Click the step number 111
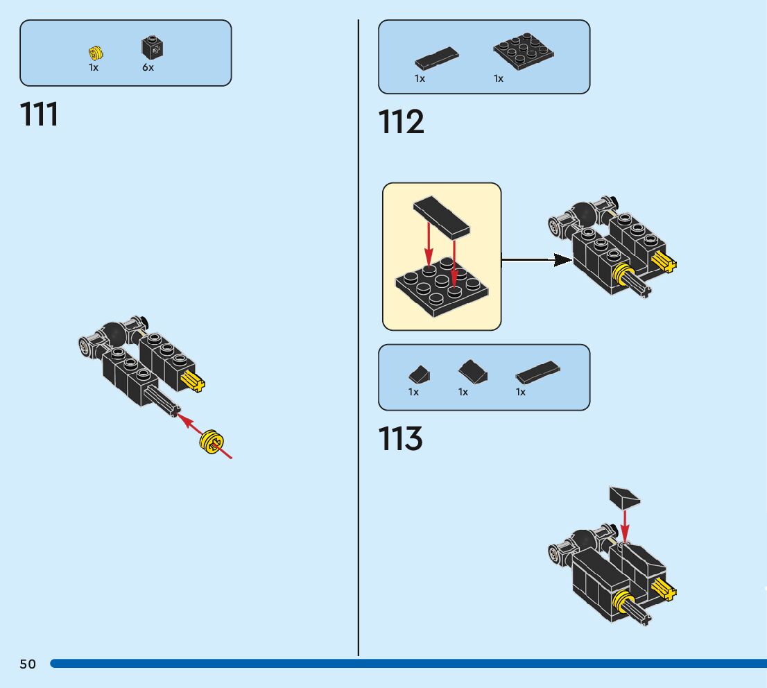pyautogui.click(x=40, y=114)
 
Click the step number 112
pyautogui.click(x=401, y=123)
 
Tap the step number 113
pyautogui.click(x=400, y=439)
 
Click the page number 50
pyautogui.click(x=28, y=664)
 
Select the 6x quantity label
pyautogui.click(x=148, y=68)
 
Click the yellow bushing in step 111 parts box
pyautogui.click(x=96, y=51)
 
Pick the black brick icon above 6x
pyautogui.click(x=153, y=47)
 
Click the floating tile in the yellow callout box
pyautogui.click(x=441, y=221)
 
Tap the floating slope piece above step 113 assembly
pyautogui.click(x=624, y=497)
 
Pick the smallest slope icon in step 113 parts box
pyautogui.click(x=418, y=375)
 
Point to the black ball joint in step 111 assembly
pyautogui.click(x=113, y=335)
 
